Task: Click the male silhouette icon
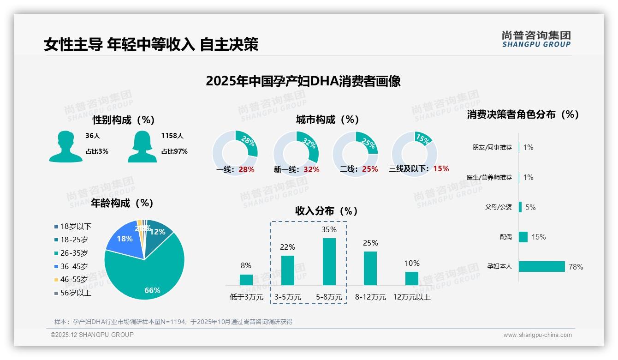[x=65, y=146]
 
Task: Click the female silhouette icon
[x=142, y=146]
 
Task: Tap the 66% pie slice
[x=148, y=272]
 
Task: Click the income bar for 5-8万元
[x=329, y=262]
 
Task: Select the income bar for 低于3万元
[x=246, y=280]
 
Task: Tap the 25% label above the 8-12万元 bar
[x=370, y=243]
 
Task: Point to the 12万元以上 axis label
[x=411, y=297]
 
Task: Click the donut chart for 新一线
[x=296, y=153]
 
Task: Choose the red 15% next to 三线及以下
[x=441, y=168]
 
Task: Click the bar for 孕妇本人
[x=541, y=266]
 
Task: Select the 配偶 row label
[x=505, y=237]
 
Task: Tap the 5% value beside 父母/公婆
[x=530, y=207]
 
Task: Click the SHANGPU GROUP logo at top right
[x=536, y=39]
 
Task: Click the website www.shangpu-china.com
[x=537, y=335]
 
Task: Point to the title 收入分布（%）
[x=327, y=211]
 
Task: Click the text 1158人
[x=172, y=136]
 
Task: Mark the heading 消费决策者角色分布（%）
[x=523, y=114]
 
